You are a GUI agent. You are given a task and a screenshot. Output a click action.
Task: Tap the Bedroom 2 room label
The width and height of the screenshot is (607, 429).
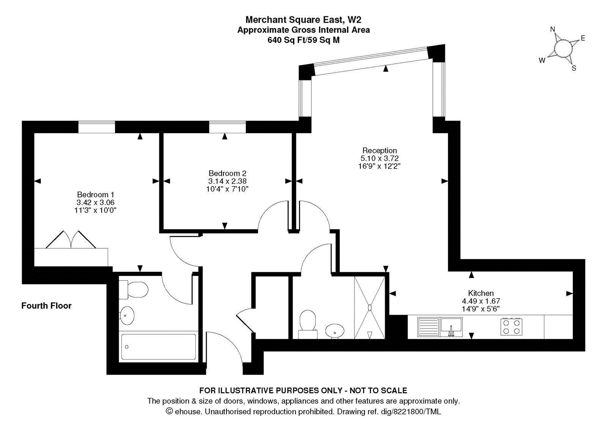click(x=227, y=173)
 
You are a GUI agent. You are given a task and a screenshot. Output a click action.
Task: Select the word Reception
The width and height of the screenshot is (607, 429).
click(x=379, y=150)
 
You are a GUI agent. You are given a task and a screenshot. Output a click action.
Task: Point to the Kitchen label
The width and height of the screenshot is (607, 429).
click(x=481, y=293)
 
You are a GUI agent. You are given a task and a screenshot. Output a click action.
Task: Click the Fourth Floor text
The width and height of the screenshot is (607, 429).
click(x=46, y=306)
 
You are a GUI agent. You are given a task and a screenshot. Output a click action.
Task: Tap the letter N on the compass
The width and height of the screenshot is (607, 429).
click(x=553, y=30)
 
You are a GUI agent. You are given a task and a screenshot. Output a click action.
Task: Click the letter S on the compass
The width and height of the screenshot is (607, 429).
click(x=574, y=68)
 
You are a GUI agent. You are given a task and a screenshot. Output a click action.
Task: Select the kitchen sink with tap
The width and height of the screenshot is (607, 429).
click(x=451, y=327)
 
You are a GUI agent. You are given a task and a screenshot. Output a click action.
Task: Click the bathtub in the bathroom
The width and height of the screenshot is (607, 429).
click(x=158, y=347)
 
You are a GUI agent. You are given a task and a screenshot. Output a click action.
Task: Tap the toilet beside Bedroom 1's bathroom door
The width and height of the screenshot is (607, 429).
click(x=133, y=290)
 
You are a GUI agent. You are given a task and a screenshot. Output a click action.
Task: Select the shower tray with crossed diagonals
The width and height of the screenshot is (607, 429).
click(x=370, y=308)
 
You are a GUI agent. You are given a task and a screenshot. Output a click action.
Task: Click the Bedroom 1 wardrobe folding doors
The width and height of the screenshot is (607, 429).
click(x=71, y=239)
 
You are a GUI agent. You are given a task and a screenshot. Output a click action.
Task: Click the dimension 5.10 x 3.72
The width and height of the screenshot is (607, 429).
click(x=379, y=158)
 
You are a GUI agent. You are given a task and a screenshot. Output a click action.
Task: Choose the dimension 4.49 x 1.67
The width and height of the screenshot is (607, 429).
click(x=481, y=301)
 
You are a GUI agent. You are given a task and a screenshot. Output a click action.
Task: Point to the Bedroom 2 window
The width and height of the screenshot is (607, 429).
click(x=227, y=127)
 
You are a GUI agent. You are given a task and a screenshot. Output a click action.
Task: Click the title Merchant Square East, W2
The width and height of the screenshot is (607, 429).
click(x=303, y=19)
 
